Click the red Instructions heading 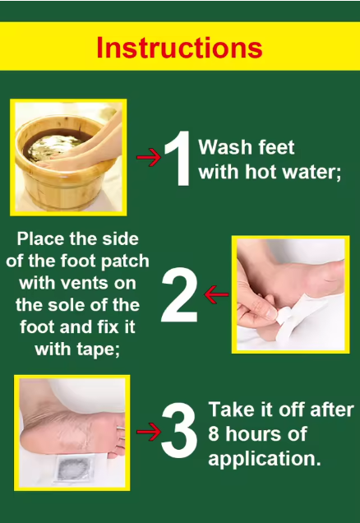pyautogui.click(x=179, y=48)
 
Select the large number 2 pyautogui.click(x=179, y=294)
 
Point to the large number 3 pyautogui.click(x=179, y=430)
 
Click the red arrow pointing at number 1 pyautogui.click(x=149, y=157)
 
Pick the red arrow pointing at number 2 pyautogui.click(x=216, y=294)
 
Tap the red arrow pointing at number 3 pyautogui.click(x=149, y=432)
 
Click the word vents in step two pyautogui.click(x=86, y=283)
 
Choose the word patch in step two pyautogui.click(x=125, y=261)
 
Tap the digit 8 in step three pyautogui.click(x=214, y=434)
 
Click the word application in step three pyautogui.click(x=265, y=459)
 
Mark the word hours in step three pyautogui.click(x=253, y=434)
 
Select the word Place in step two pyautogui.click(x=40, y=239)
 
